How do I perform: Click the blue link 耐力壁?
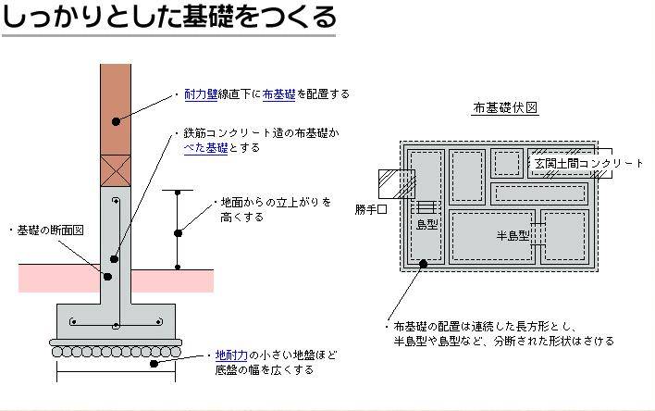[201, 94]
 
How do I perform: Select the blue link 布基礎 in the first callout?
[278, 94]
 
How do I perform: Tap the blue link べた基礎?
[206, 148]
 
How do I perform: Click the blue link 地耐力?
[231, 355]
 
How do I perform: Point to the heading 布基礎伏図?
[504, 108]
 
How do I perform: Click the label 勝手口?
[371, 209]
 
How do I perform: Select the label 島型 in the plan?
[426, 225]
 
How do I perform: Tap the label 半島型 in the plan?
[513, 236]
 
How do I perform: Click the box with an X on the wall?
[116, 170]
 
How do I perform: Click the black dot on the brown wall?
[117, 121]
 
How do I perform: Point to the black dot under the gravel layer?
[154, 364]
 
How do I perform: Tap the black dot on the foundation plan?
[423, 264]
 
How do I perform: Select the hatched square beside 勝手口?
[397, 184]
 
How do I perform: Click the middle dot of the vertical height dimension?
[178, 233]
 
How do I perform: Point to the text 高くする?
[241, 218]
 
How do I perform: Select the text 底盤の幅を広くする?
[265, 370]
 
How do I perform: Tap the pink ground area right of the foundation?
[172, 281]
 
